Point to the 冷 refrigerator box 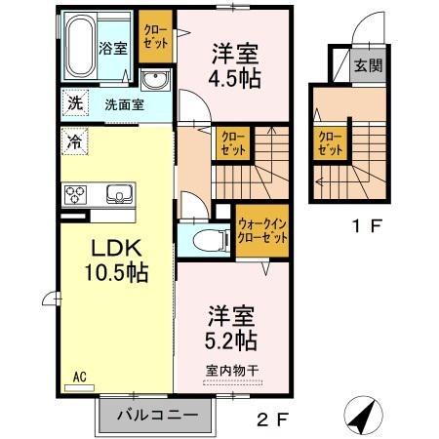(x=74, y=140)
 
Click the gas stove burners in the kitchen (x=76, y=193)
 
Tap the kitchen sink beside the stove (x=119, y=191)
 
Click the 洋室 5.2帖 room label (x=232, y=328)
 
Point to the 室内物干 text (x=232, y=370)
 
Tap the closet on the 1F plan (x=326, y=143)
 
